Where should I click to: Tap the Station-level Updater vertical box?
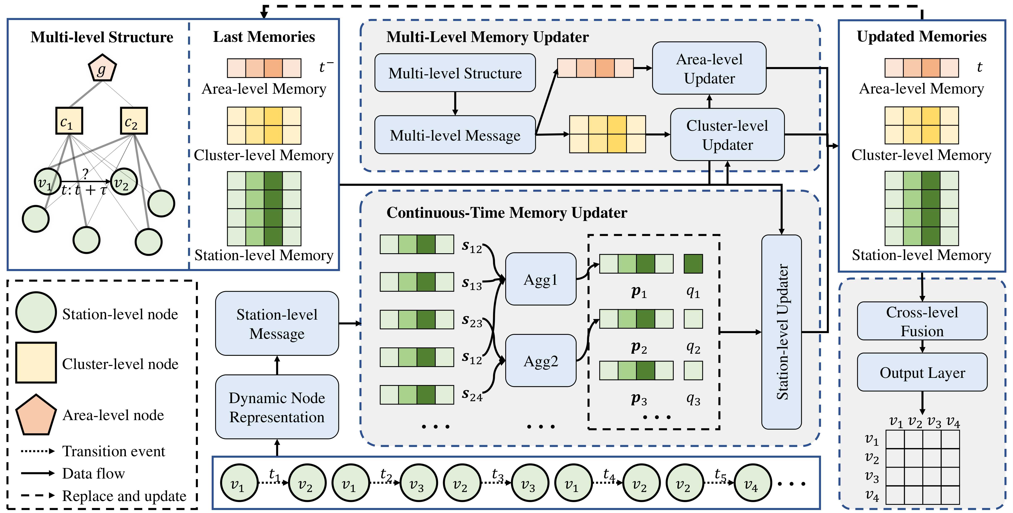pyautogui.click(x=781, y=332)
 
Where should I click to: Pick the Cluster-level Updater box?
pyautogui.click(x=727, y=135)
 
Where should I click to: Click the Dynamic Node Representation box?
pyautogui.click(x=277, y=407)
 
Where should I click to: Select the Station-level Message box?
pyautogui.click(x=277, y=323)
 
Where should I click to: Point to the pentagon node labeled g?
pyautogui.click(x=102, y=69)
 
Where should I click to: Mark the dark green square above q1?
pyautogui.click(x=693, y=264)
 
